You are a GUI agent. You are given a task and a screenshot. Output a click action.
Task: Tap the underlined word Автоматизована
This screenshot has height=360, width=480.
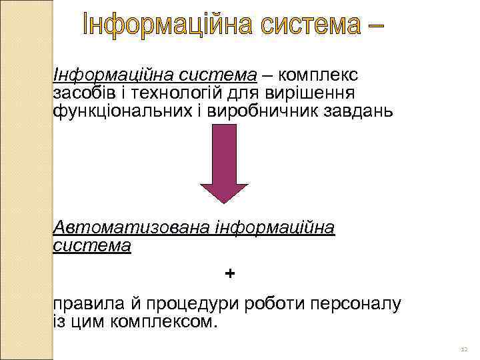point(132,228)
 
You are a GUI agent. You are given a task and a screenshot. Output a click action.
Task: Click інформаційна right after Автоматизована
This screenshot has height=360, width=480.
point(275,228)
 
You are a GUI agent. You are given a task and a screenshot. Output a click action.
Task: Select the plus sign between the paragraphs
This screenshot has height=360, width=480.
point(230,273)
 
